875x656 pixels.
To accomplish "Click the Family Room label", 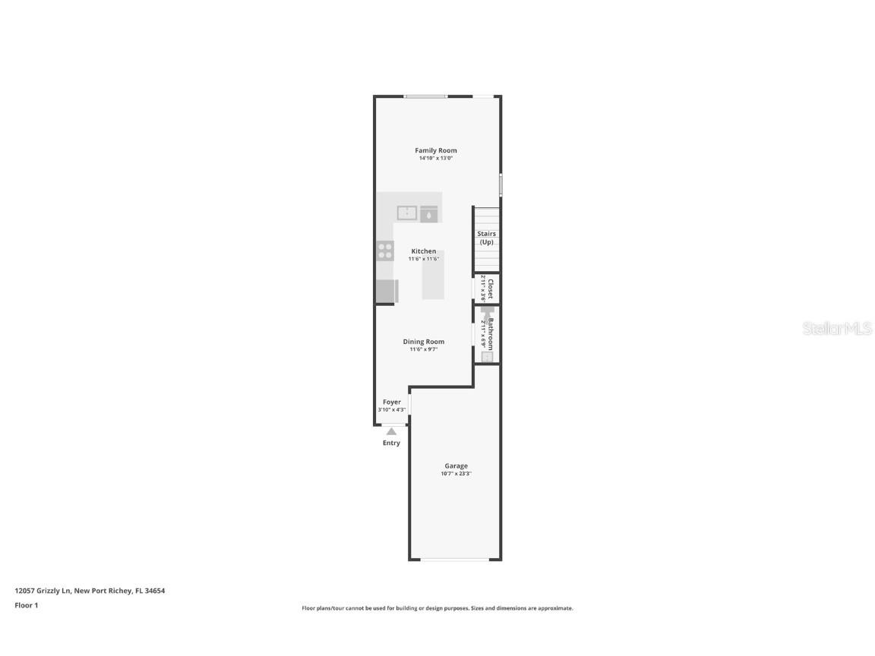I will (436, 150).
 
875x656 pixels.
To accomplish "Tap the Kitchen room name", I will (424, 251).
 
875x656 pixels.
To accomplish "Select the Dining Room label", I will (424, 342).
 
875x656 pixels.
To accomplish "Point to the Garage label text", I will (456, 465).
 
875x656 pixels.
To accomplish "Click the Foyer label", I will (391, 402).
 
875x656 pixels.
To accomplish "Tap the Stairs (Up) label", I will (487, 238).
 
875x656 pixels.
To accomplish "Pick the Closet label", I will (491, 289).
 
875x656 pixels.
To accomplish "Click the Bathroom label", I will (491, 333).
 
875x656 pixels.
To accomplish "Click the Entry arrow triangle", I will (391, 431).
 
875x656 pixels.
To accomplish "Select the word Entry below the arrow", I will (391, 443).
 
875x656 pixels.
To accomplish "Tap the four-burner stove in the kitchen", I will (385, 251).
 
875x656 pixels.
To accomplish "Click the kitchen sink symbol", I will (406, 213).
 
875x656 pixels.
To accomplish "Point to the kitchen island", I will (434, 275).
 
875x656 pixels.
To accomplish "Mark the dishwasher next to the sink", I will (429, 215).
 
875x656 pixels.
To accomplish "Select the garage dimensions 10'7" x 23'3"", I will (456, 474).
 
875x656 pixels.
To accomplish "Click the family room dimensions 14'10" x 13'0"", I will (436, 159).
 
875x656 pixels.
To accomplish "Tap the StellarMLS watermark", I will (838, 329).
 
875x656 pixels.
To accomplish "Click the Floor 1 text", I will (26, 605).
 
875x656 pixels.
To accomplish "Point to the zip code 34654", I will (155, 590).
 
